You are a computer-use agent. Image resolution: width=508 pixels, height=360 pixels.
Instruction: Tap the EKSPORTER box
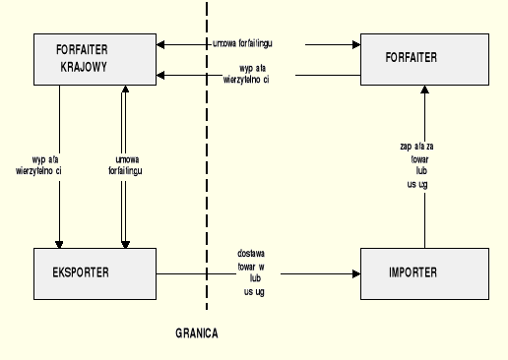pos(94,272)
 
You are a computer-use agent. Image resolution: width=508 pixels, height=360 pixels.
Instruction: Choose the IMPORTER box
pos(423,272)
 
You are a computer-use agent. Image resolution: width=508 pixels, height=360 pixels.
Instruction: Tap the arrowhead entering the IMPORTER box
pos(355,273)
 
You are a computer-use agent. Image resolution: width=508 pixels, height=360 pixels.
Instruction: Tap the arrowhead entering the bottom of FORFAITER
pos(423,90)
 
